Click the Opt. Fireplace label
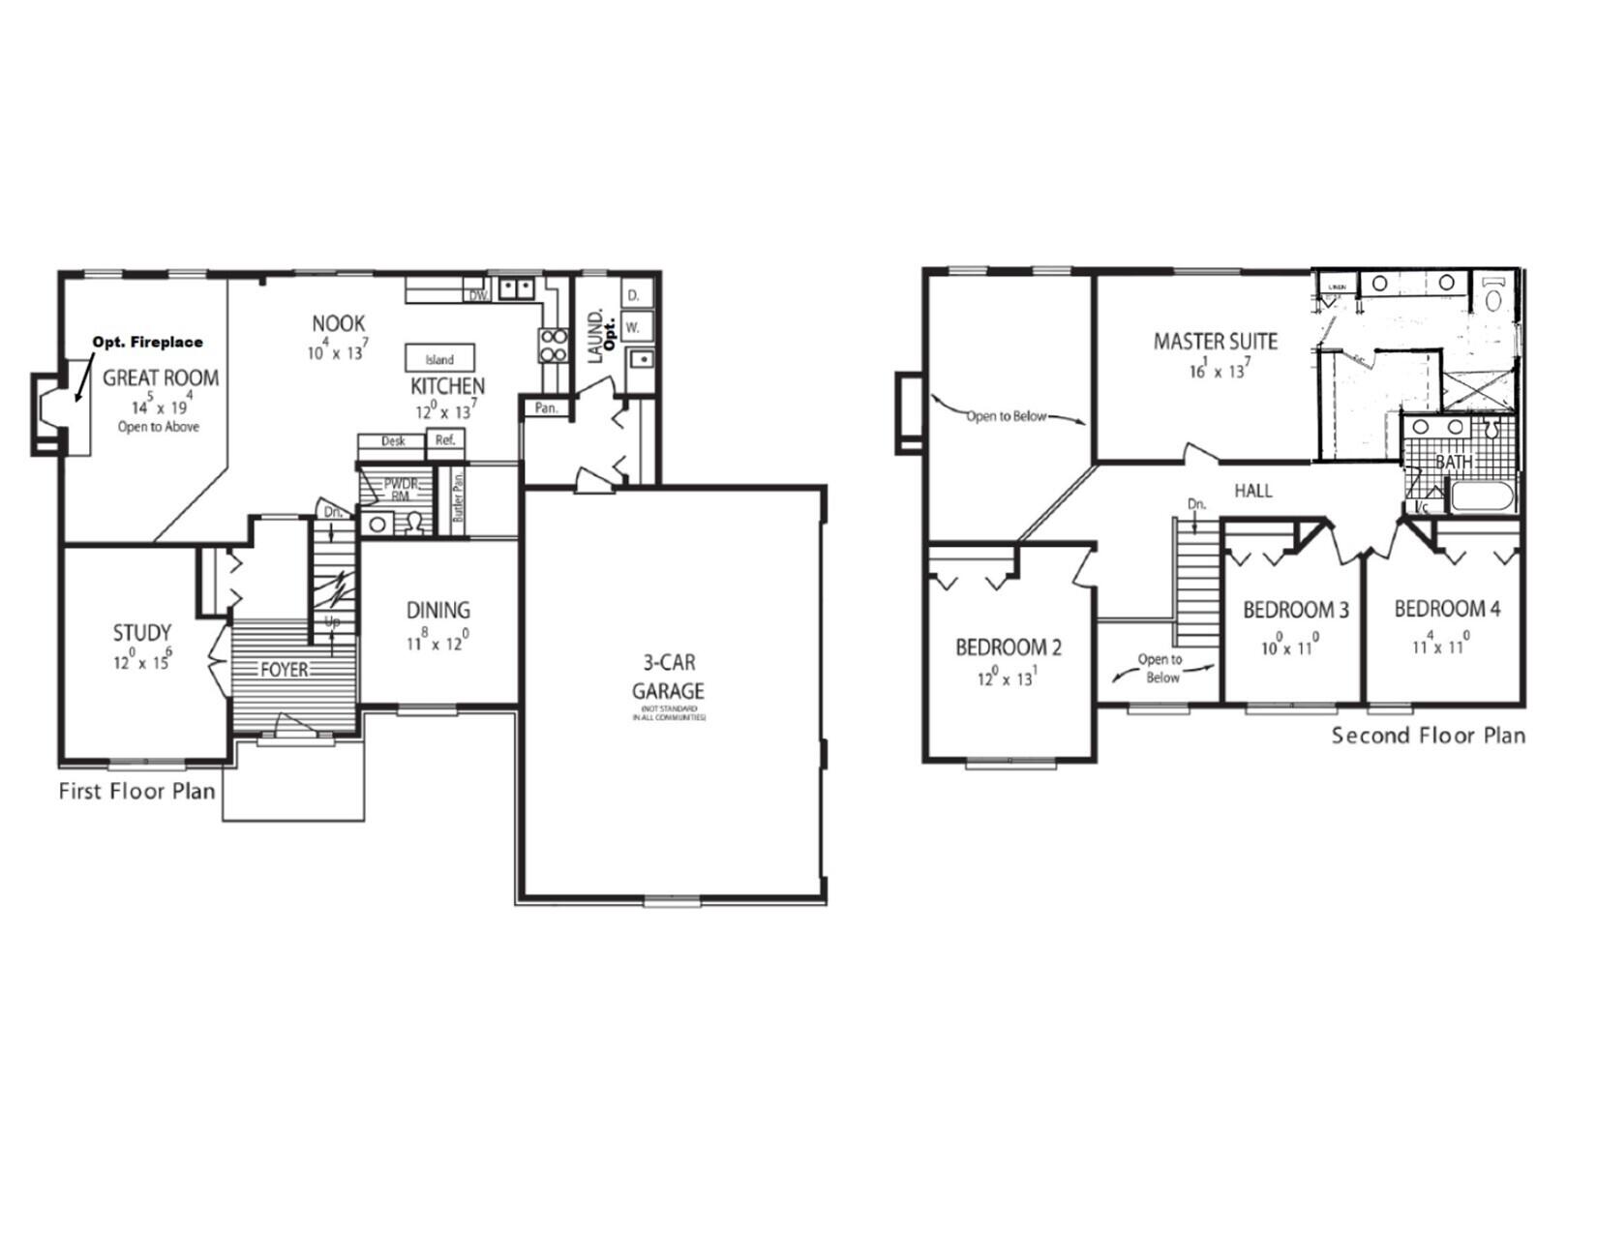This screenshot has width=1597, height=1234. [x=147, y=342]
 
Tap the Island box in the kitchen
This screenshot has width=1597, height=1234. [x=439, y=358]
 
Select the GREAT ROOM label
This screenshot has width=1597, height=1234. [x=161, y=377]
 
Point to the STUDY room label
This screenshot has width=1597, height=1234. [x=142, y=633]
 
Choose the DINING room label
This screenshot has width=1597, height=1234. [x=437, y=610]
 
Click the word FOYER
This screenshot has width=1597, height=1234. [x=284, y=670]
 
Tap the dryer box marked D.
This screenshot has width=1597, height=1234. [x=634, y=294]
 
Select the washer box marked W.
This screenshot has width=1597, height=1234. [x=633, y=327]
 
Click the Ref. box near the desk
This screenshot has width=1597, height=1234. [x=445, y=440]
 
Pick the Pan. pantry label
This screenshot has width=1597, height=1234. [x=546, y=407]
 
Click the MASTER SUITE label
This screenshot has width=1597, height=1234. [x=1215, y=341]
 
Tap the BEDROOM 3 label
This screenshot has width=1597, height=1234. [x=1295, y=610]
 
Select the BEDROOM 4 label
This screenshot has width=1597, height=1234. [x=1447, y=609]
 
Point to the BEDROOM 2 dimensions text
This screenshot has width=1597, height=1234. [x=1007, y=678]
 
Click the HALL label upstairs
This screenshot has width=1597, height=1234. [x=1252, y=491]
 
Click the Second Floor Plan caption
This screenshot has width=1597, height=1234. [x=1428, y=736]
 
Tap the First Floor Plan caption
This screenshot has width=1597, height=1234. [x=136, y=792]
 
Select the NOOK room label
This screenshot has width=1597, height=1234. [x=339, y=323]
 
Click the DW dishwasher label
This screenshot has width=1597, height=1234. [x=477, y=295]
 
